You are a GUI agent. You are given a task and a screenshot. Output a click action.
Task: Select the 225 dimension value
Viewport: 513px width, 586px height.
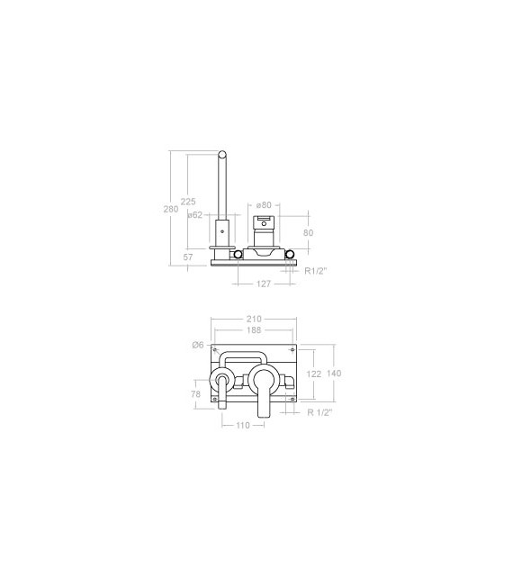188,202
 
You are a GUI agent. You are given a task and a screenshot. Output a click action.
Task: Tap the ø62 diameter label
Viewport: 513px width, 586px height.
194,215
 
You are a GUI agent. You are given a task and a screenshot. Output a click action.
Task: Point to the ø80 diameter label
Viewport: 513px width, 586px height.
264,205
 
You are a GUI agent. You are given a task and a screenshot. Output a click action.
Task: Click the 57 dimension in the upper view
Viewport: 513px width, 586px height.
188,257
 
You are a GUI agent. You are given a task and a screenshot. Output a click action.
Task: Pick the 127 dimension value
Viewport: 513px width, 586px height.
264,284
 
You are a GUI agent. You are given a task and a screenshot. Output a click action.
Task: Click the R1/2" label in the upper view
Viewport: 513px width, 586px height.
314,270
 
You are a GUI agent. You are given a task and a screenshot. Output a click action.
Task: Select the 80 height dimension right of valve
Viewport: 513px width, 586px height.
309,232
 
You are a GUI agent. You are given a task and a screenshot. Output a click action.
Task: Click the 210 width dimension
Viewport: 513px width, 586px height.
253,320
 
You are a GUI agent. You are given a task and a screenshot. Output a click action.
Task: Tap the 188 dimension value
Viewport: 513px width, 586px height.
253,330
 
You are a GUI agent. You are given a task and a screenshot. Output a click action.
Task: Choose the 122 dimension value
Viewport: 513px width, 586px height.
313,373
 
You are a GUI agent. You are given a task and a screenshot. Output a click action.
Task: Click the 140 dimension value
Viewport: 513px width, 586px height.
334,373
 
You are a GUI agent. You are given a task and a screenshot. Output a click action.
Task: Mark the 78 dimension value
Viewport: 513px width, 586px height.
195,393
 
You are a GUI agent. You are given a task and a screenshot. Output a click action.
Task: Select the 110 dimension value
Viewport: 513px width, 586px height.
242,426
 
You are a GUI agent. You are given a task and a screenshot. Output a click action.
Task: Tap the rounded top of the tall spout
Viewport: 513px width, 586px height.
222,157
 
